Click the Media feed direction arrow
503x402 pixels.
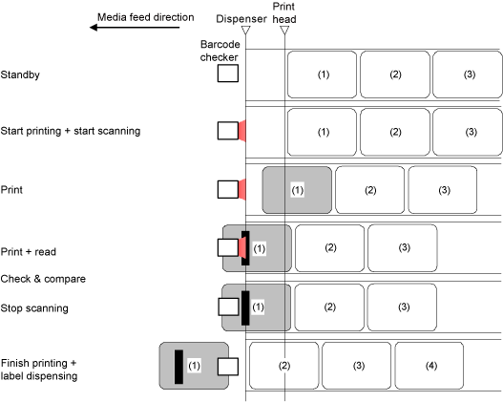(x=135, y=28)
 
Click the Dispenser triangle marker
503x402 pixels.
(x=245, y=31)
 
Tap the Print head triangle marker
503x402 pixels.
(x=284, y=31)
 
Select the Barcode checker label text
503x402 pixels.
(x=220, y=51)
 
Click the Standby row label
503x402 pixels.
(x=20, y=74)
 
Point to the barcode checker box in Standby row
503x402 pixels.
(x=228, y=74)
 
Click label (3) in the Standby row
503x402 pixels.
(x=468, y=74)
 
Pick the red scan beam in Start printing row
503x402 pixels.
(x=242, y=131)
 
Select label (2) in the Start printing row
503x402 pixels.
(x=395, y=132)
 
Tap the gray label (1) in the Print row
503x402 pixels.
(x=297, y=190)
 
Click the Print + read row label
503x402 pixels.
(x=29, y=252)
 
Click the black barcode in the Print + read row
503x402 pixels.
(x=245, y=248)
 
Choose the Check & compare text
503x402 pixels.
(x=43, y=279)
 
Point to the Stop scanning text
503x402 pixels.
(x=34, y=308)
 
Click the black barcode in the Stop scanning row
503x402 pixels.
(x=245, y=308)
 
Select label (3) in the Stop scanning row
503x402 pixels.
(x=402, y=307)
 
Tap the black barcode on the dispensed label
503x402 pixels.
(x=179, y=367)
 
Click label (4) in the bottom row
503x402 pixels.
(x=430, y=366)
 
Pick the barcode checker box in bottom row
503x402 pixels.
(x=228, y=367)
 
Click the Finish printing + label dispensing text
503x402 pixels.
(x=39, y=370)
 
